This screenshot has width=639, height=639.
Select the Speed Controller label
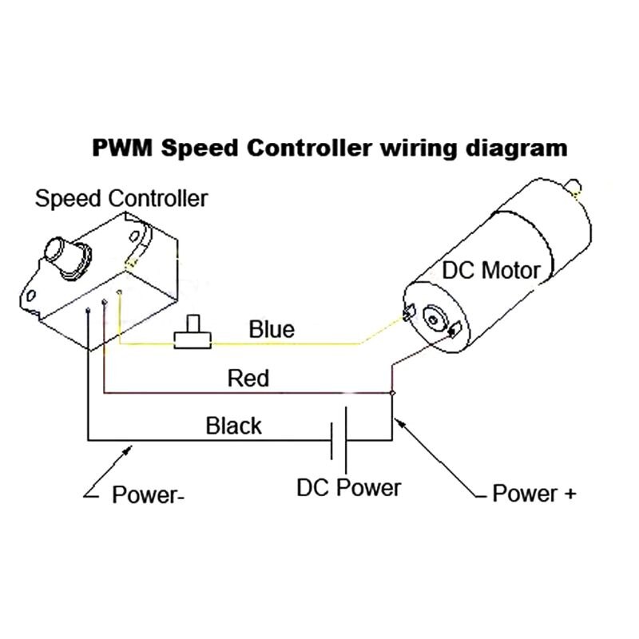[x=121, y=198]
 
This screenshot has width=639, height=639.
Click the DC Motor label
[x=491, y=270]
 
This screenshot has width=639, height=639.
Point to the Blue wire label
[x=272, y=328]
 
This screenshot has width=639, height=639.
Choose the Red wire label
[x=248, y=377]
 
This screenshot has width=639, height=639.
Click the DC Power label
[x=349, y=486]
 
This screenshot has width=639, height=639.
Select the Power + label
[x=534, y=493]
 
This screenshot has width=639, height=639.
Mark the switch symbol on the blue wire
[x=192, y=335]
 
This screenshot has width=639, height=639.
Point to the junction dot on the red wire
[x=392, y=393]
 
